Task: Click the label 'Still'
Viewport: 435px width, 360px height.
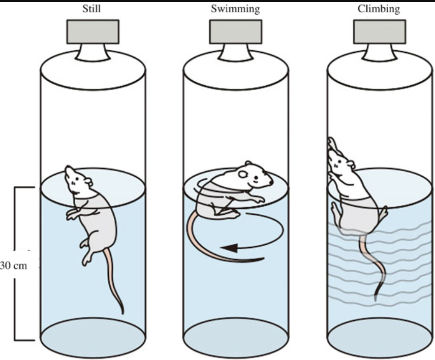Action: coord(93,9)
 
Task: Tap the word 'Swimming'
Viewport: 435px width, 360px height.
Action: coord(235,9)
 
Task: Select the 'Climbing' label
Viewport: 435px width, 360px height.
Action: coord(378,9)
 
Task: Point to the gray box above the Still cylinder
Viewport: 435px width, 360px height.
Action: coord(93,31)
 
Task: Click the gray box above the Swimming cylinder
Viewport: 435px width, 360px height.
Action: coord(235,31)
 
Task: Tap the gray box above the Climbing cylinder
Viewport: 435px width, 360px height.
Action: coord(379,31)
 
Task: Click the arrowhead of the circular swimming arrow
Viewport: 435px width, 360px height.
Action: coord(230,248)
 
